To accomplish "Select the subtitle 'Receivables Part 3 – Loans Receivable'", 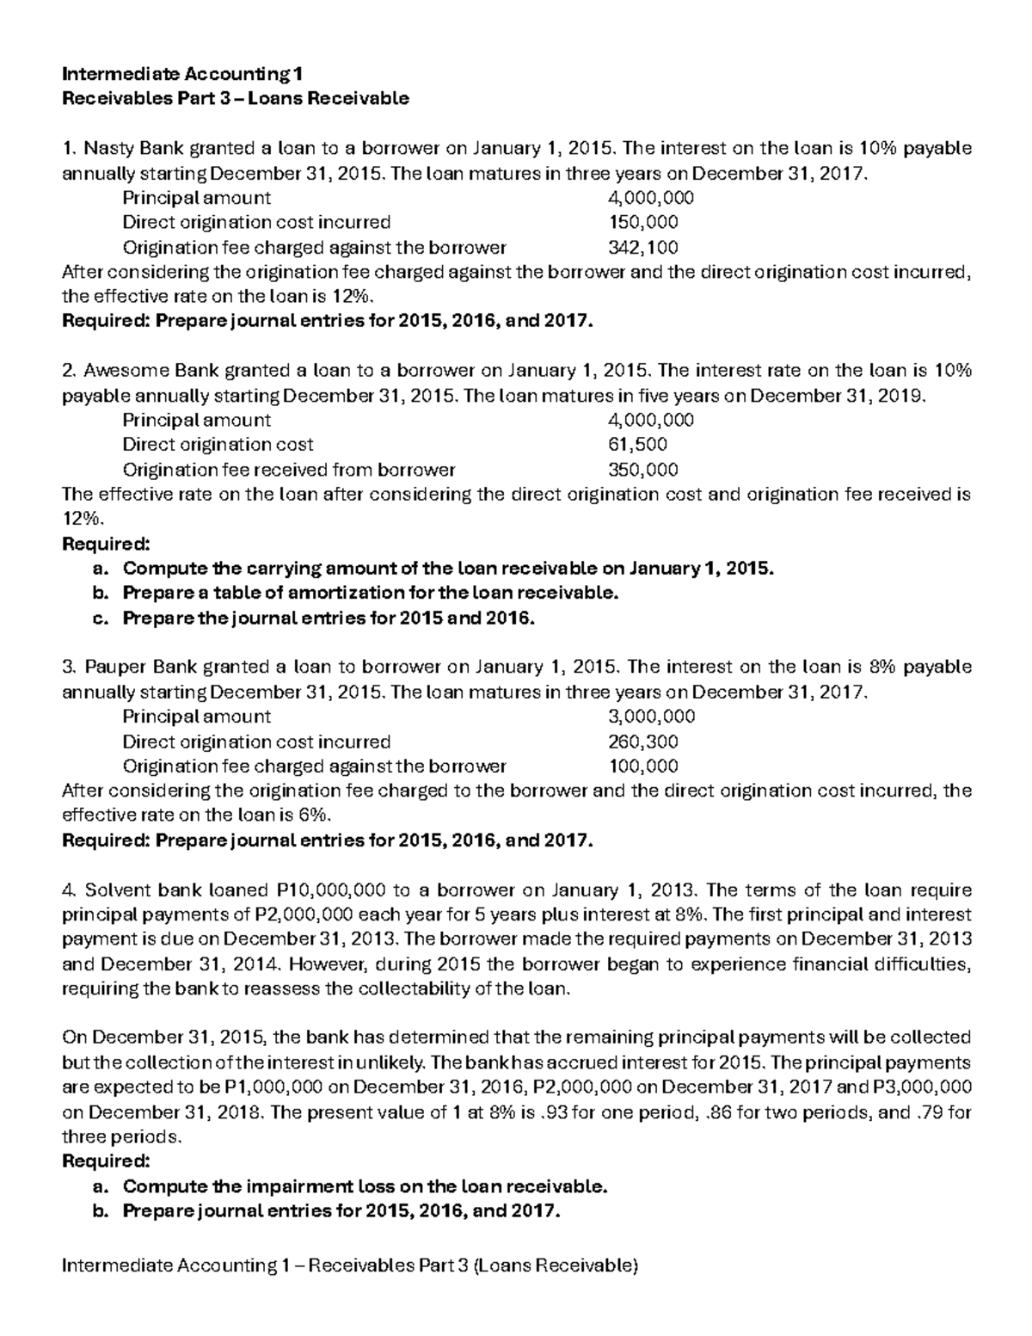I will [236, 98].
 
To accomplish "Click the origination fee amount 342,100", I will [642, 248].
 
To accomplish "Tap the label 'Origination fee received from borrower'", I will [289, 470].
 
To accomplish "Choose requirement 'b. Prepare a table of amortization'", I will [370, 593].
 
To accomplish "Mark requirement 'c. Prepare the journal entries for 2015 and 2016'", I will [328, 618].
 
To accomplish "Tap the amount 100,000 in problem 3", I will [642, 767].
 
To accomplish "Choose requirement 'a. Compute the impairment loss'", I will [365, 1186].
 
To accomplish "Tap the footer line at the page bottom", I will [351, 1265].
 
